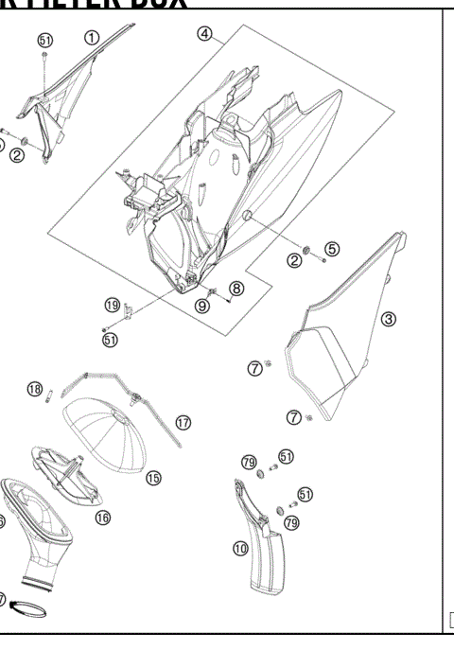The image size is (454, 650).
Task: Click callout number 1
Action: pos(92,38)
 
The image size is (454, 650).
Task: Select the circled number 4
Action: pos(203,34)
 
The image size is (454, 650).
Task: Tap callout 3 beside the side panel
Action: pos(388,319)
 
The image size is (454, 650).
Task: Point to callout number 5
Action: pos(331,249)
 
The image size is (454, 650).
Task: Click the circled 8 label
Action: pos(236,288)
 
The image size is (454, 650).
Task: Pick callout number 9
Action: pos(203,305)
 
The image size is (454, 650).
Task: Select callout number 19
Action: pos(113,305)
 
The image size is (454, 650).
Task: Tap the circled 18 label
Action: pos(35,390)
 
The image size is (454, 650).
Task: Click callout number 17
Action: pos(183,422)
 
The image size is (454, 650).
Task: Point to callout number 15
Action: pos(153,478)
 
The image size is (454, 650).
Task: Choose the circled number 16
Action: pos(102,517)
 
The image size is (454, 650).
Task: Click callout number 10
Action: pos(240,547)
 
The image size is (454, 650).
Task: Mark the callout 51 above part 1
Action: pos(45,40)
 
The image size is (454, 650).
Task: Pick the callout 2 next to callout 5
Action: pos(295,260)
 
